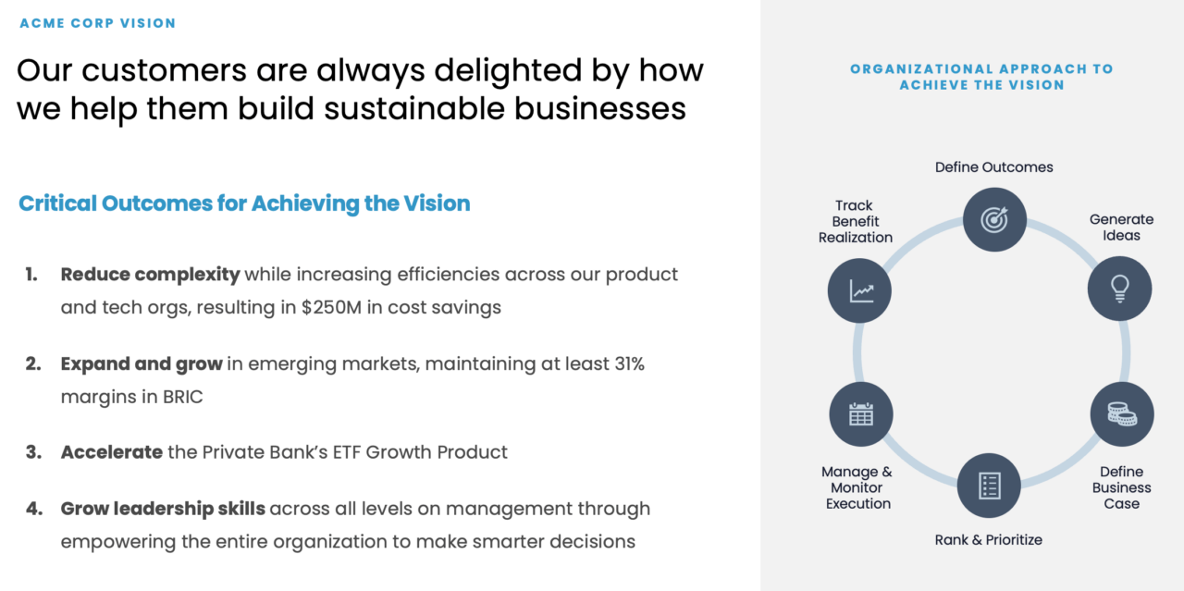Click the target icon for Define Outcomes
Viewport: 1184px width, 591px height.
(x=994, y=219)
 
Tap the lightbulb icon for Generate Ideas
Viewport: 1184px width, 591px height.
(x=1120, y=288)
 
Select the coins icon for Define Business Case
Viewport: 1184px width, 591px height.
(x=1122, y=413)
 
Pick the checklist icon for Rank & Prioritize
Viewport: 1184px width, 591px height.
(x=989, y=485)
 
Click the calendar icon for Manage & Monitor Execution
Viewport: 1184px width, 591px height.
(x=861, y=413)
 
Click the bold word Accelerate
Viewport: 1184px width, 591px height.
(x=111, y=452)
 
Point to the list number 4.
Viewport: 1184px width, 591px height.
(x=33, y=509)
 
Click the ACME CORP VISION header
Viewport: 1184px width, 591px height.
(x=97, y=22)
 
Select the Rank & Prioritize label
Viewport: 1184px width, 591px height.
(x=988, y=539)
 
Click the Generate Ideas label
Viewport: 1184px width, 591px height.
(x=1121, y=227)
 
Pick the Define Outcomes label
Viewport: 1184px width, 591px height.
(x=993, y=167)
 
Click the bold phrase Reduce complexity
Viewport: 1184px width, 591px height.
(x=150, y=275)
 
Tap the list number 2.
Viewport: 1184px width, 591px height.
(x=33, y=364)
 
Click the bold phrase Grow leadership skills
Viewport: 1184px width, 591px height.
(x=163, y=509)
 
